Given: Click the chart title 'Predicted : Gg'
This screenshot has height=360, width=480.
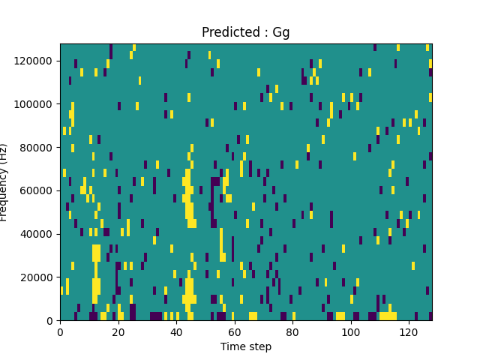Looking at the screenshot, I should coord(245,33).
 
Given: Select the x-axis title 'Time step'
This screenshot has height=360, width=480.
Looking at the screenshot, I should coord(245,346).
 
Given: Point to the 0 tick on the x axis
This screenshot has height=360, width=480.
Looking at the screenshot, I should coord(60,331).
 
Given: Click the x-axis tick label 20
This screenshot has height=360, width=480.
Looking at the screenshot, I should coord(118,331).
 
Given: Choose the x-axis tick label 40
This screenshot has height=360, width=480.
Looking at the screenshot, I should coord(176,331).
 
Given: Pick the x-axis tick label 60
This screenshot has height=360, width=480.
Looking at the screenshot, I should coord(235,331).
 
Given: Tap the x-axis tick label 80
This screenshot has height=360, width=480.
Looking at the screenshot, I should coord(292,331).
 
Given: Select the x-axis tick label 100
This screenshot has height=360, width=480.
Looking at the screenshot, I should coord(351,331).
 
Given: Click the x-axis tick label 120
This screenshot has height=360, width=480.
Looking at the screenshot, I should coord(409,331).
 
